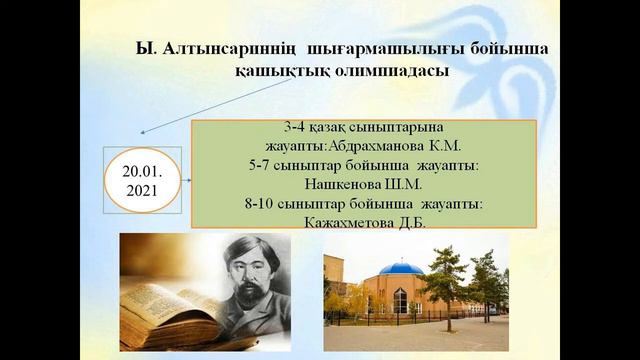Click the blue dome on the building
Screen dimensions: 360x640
point(403,268)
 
